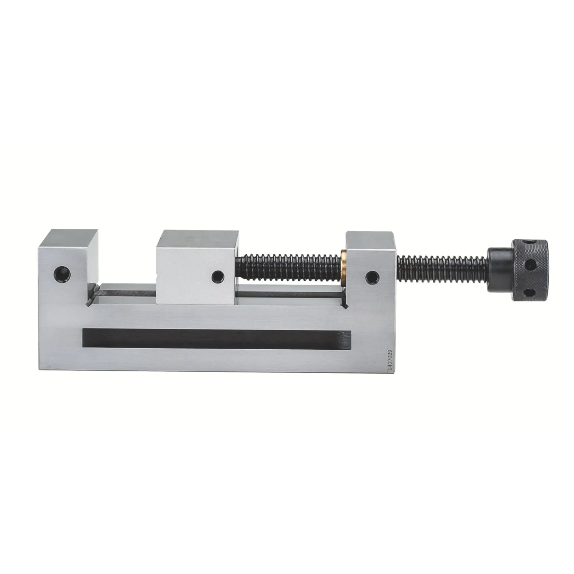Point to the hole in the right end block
[372, 277]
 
